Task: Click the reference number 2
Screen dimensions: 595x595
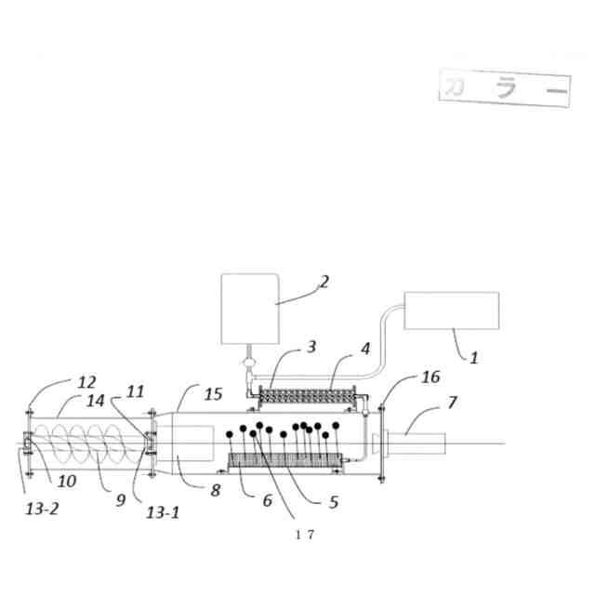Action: click(324, 282)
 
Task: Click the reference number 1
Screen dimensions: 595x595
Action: click(473, 357)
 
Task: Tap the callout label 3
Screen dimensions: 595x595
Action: click(311, 347)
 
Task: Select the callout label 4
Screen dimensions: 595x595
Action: click(365, 349)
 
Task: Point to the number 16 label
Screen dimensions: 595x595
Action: click(430, 377)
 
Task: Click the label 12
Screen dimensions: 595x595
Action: click(86, 382)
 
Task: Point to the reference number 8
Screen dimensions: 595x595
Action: click(215, 490)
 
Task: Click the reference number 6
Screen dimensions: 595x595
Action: click(267, 500)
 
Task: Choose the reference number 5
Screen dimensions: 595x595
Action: click(332, 501)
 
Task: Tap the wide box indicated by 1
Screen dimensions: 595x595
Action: click(452, 311)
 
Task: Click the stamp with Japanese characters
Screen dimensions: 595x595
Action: click(504, 88)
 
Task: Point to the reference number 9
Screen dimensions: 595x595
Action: click(120, 499)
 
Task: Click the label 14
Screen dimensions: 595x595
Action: click(97, 402)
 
